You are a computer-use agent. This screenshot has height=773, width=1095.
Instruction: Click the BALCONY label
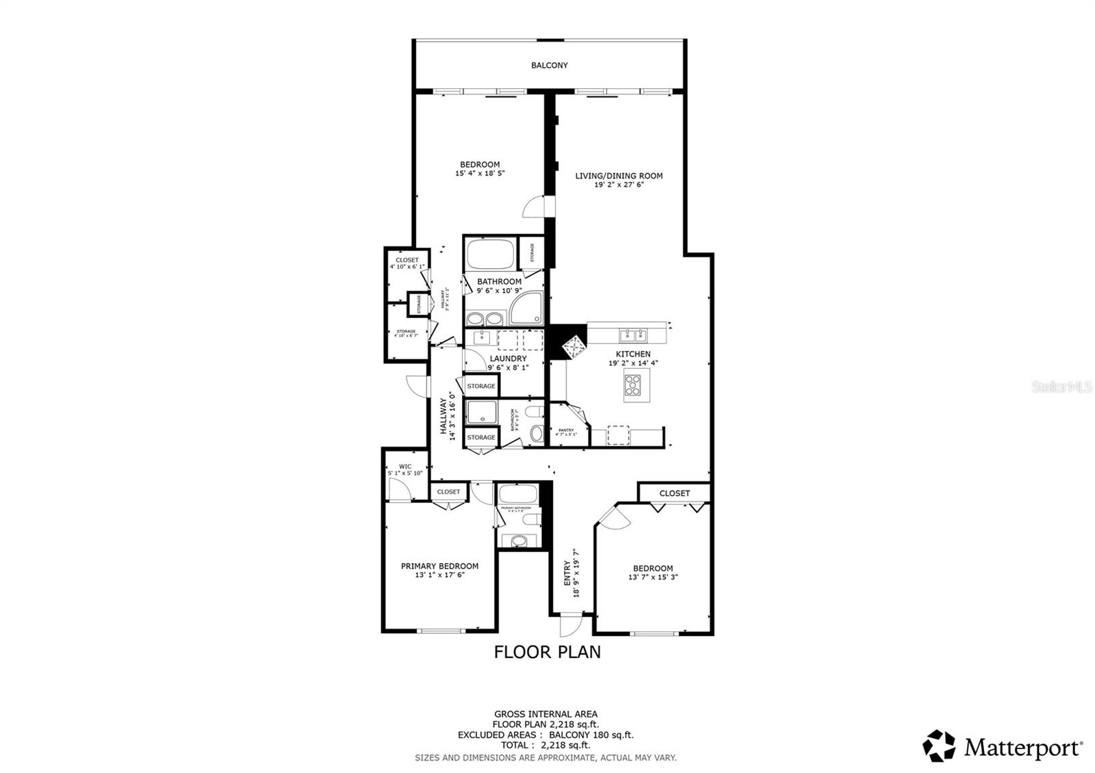pyautogui.click(x=550, y=66)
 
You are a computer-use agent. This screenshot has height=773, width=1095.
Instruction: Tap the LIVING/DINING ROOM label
pyautogui.click(x=619, y=176)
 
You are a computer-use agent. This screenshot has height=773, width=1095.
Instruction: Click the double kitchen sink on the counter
pyautogui.click(x=632, y=335)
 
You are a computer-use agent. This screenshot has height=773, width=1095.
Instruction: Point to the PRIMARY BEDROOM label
pyautogui.click(x=439, y=566)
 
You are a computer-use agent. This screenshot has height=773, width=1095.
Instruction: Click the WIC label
pyautogui.click(x=405, y=467)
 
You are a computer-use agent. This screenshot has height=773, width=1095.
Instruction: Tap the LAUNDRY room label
pyautogui.click(x=508, y=358)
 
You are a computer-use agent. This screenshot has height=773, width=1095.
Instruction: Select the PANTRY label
pyautogui.click(x=566, y=430)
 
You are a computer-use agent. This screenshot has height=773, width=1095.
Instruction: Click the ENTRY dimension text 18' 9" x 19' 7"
pyautogui.click(x=576, y=573)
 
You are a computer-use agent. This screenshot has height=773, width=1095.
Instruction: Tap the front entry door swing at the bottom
pyautogui.click(x=569, y=625)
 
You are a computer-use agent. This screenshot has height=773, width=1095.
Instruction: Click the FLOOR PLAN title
pyautogui.click(x=547, y=652)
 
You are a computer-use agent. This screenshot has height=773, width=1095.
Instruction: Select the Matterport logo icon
pyautogui.click(x=939, y=746)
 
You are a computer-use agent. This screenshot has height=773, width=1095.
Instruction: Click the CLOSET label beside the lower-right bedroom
pyautogui.click(x=675, y=493)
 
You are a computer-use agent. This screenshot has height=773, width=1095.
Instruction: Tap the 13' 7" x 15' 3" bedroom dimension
pyautogui.click(x=653, y=577)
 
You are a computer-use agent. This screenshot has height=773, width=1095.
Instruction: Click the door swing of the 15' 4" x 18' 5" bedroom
pyautogui.click(x=534, y=207)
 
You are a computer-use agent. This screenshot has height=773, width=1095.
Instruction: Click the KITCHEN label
pyautogui.click(x=633, y=354)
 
